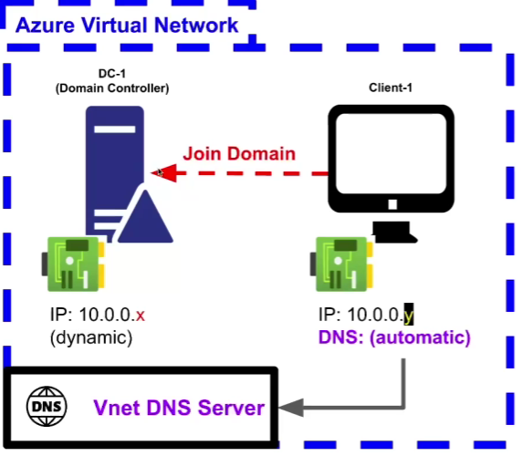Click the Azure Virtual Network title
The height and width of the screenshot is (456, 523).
click(127, 25)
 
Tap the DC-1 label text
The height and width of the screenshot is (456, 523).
click(112, 73)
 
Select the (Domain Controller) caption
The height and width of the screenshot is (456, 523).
click(112, 88)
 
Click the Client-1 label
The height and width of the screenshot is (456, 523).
click(391, 88)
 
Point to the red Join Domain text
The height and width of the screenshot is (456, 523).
click(239, 153)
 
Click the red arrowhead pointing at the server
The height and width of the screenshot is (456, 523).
click(163, 173)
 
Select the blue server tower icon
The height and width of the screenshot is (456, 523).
click(115, 173)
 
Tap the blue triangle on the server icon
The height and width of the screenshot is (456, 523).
click(145, 217)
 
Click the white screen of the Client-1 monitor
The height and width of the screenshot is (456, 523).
click(391, 153)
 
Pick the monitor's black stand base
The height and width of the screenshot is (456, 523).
click(394, 233)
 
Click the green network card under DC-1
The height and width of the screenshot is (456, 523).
click(73, 264)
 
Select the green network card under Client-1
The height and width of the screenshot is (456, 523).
click(341, 264)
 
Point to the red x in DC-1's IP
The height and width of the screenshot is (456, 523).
click(141, 316)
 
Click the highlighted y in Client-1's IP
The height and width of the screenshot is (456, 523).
click(409, 315)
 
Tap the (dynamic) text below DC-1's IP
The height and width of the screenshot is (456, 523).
click(91, 337)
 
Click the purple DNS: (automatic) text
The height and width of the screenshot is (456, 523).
click(394, 337)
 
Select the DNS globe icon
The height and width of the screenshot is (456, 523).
click(47, 407)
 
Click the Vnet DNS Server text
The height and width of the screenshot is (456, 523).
click(179, 408)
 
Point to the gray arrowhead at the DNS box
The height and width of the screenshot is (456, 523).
click(291, 408)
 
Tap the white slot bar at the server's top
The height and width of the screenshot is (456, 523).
click(115, 130)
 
